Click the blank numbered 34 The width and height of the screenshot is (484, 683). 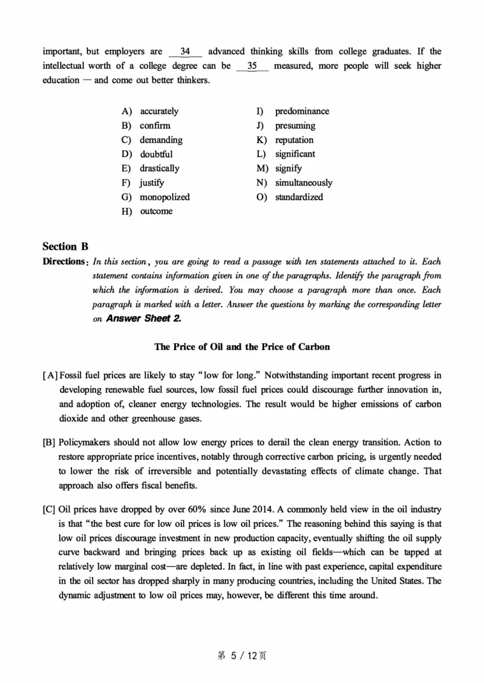click(x=186, y=51)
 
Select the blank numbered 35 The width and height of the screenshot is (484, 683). click(x=252, y=66)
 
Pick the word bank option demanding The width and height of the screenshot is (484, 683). click(x=160, y=140)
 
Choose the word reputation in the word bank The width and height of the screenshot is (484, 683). click(x=294, y=140)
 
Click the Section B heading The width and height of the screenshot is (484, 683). click(x=65, y=246)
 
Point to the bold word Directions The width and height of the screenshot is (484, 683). click(x=63, y=262)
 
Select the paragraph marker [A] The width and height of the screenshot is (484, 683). click(x=49, y=376)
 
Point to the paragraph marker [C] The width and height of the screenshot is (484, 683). click(x=49, y=509)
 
